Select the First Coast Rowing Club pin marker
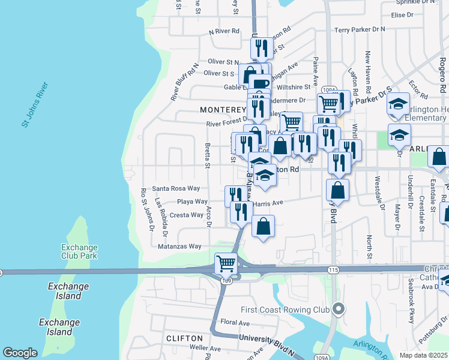(x=339, y=310)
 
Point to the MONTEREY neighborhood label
(x=223, y=110)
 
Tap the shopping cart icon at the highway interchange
(x=226, y=263)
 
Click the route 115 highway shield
(x=334, y=270)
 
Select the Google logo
(x=20, y=353)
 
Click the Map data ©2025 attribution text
(x=423, y=355)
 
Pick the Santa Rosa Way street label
(x=176, y=188)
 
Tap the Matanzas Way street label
(x=179, y=246)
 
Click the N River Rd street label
(x=224, y=31)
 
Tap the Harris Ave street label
(x=268, y=203)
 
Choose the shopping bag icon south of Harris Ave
(x=264, y=227)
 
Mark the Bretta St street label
(x=208, y=155)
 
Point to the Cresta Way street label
(x=187, y=215)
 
